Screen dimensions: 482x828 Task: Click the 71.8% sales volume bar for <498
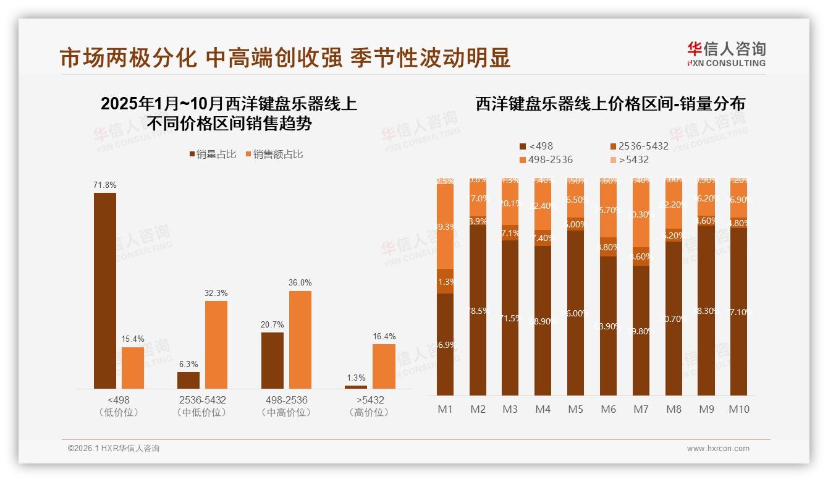pos(105,290)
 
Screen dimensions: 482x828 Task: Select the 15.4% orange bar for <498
pos(133,368)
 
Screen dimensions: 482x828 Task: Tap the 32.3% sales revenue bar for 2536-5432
pos(216,344)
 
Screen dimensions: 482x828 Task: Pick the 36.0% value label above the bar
pos(300,282)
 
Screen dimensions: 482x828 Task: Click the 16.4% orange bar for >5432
pos(384,366)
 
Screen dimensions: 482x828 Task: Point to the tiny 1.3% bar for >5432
pos(356,387)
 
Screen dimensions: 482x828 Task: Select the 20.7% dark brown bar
pos(272,360)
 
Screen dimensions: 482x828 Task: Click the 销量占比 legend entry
pos(213,154)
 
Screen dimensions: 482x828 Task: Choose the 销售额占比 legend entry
pos(274,154)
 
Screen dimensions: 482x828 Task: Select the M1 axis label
pos(445,409)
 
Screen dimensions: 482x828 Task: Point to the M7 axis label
pos(641,409)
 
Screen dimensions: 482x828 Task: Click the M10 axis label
pos(738,409)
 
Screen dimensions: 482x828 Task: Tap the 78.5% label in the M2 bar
pos(478,311)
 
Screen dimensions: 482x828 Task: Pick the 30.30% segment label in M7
pos(641,214)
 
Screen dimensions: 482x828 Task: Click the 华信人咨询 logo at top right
pos(726,54)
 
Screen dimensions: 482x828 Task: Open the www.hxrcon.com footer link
pos(718,449)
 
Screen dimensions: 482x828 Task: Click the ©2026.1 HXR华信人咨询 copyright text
pos(114,449)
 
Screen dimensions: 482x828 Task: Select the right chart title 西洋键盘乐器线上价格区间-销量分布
pos(610,104)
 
